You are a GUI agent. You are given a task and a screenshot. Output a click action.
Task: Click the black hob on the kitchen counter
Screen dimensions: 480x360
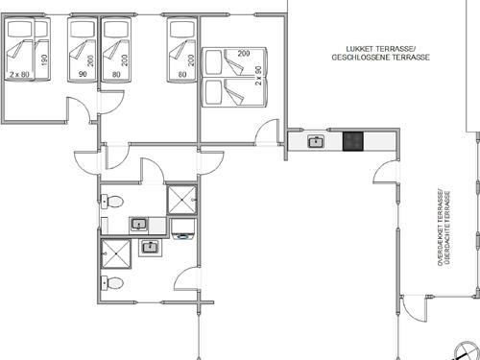pyautogui.click(x=353, y=141)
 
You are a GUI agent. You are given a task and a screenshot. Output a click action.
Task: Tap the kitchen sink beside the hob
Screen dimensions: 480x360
pyautogui.click(x=316, y=141)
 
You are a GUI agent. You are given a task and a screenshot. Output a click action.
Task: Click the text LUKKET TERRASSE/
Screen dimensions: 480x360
pyautogui.click(x=380, y=49)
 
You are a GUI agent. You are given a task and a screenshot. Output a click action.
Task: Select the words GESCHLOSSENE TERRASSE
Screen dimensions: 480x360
pyautogui.click(x=380, y=58)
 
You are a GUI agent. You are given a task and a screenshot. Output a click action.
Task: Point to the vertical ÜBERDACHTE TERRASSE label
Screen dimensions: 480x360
pyautogui.click(x=447, y=228)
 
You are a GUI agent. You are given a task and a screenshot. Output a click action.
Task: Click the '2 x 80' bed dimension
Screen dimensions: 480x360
pyautogui.click(x=19, y=75)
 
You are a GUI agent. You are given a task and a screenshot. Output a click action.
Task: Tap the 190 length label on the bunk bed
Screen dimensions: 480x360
pyautogui.click(x=44, y=60)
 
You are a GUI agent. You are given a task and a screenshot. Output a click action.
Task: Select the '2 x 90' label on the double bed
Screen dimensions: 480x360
pyautogui.click(x=258, y=76)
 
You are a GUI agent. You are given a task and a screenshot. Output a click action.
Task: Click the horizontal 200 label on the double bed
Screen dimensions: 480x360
pyautogui.click(x=244, y=54)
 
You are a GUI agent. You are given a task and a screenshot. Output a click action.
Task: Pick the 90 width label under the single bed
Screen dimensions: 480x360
pyautogui.click(x=83, y=74)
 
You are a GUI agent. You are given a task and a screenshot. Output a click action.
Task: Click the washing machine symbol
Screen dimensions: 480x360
pyautogui.click(x=183, y=229)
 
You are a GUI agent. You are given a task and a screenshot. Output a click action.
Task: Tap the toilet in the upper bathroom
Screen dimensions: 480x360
pyautogui.click(x=112, y=202)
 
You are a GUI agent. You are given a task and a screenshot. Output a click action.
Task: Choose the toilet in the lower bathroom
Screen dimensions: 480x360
pyautogui.click(x=112, y=283)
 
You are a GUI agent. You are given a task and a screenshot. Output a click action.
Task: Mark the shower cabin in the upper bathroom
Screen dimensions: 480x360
pyautogui.click(x=182, y=200)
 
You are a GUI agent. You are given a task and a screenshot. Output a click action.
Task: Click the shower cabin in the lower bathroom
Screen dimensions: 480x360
pyautogui.click(x=116, y=253)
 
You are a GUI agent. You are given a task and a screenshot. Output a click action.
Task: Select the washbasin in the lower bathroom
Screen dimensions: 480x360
pyautogui.click(x=150, y=248)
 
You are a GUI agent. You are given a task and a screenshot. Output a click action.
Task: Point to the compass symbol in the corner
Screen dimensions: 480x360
pyautogui.click(x=467, y=351)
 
